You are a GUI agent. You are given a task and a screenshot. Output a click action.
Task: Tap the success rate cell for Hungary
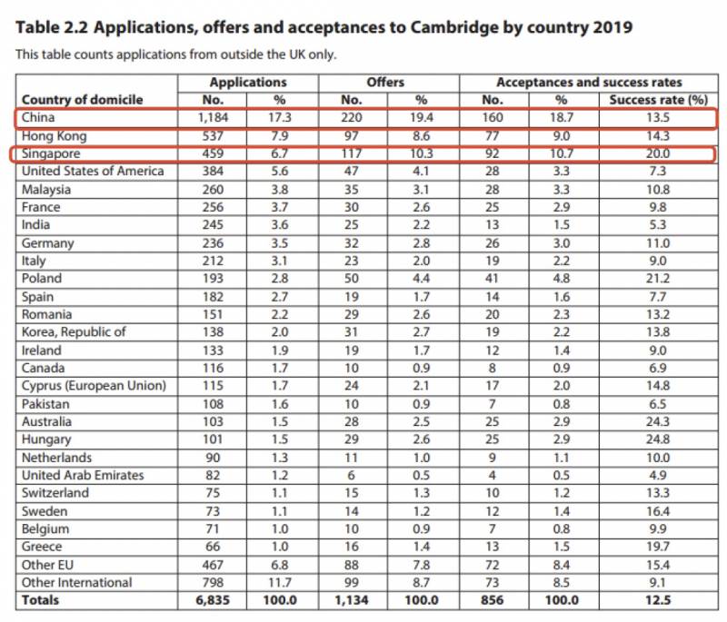[x=658, y=439]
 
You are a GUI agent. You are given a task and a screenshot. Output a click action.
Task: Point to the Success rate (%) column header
[x=658, y=99]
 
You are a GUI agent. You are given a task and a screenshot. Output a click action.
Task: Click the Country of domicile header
[x=83, y=99]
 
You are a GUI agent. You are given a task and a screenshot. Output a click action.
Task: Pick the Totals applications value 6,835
[x=212, y=600]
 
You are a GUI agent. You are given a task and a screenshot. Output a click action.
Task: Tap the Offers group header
[x=386, y=82]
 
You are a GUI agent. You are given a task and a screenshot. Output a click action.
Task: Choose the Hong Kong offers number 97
[x=353, y=135]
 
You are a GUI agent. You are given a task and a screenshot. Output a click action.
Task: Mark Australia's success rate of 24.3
[x=658, y=421]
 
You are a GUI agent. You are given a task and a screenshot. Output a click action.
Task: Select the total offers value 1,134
[x=353, y=600]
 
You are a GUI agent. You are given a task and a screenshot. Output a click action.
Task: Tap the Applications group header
[x=248, y=82]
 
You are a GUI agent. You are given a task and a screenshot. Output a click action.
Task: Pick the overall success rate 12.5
[x=658, y=600]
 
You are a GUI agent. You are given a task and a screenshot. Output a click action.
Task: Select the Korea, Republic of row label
[x=73, y=332]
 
